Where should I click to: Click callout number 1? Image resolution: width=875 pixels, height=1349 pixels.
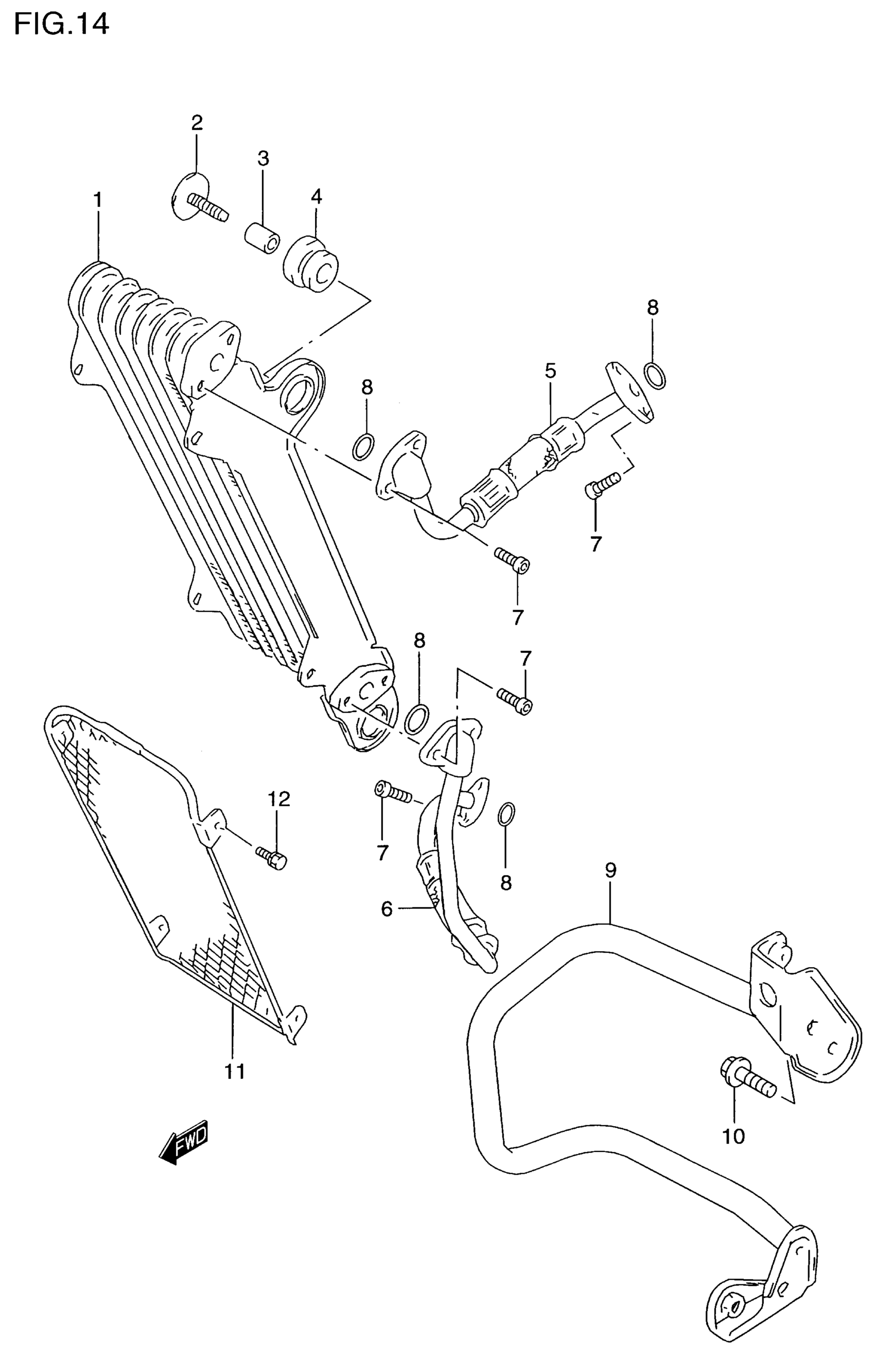tap(98, 200)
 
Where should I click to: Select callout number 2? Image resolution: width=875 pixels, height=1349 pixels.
tap(197, 122)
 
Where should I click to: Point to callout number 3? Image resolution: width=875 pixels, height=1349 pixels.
tap(263, 158)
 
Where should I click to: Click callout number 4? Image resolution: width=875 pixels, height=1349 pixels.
tap(317, 197)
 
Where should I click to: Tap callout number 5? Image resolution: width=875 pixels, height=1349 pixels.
tap(550, 371)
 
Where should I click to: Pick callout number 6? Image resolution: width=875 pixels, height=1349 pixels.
tap(387, 909)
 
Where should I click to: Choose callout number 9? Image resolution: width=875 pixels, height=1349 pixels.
tap(610, 870)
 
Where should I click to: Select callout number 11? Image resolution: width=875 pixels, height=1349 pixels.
tap(234, 1071)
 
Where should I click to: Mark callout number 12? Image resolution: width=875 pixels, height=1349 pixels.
tap(278, 798)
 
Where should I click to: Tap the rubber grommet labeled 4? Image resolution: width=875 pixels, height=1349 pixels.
tap(310, 264)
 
